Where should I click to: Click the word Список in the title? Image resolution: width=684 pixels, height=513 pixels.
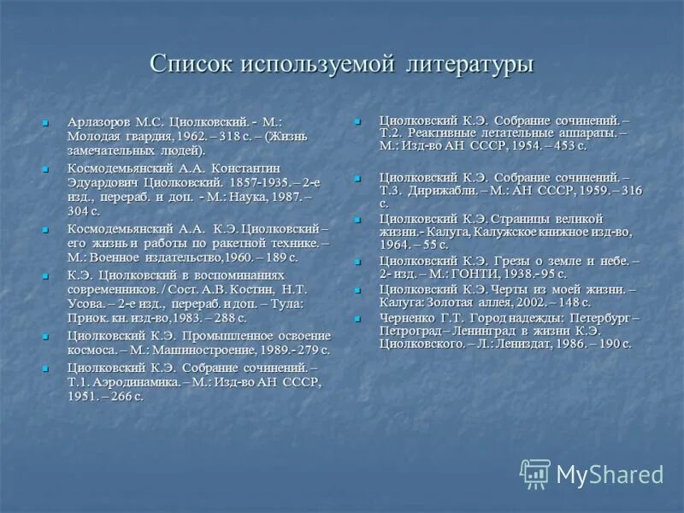(191, 64)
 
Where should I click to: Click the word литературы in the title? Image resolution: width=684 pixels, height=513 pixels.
(469, 64)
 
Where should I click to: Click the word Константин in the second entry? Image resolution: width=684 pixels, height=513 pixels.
(245, 168)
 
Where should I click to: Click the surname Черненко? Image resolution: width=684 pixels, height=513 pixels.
(407, 316)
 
